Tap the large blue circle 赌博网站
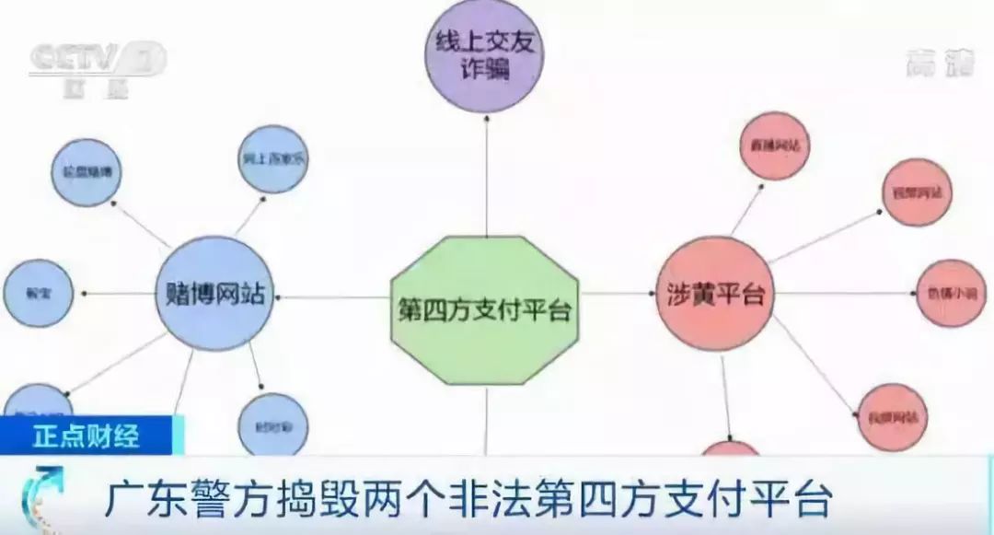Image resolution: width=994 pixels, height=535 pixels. pyautogui.click(x=214, y=294)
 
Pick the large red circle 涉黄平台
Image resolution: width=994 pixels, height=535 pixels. pyautogui.click(x=714, y=294)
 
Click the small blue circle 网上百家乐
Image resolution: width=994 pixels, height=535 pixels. pyautogui.click(x=273, y=158)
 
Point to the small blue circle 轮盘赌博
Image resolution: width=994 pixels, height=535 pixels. pyautogui.click(x=85, y=171)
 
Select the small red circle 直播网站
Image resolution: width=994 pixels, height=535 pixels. pyautogui.click(x=774, y=145)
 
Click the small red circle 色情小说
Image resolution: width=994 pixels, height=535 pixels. pyautogui.click(x=951, y=294)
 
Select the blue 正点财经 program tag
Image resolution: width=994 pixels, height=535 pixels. pyautogui.click(x=87, y=436)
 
